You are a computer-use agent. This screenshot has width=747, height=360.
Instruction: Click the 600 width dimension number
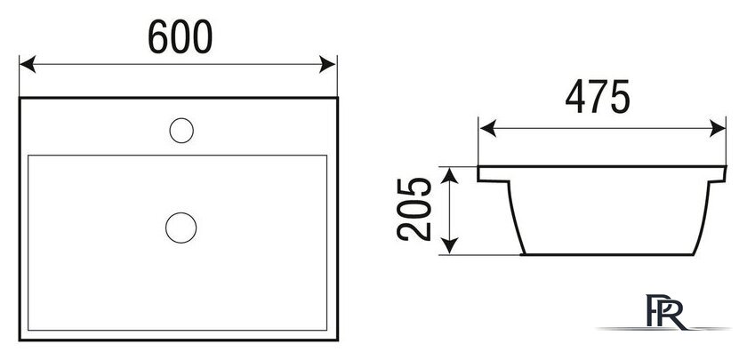click(180, 36)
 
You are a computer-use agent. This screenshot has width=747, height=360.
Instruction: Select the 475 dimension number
click(598, 97)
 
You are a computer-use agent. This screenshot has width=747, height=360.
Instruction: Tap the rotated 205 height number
click(414, 210)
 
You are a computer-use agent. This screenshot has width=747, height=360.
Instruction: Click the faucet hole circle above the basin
click(181, 131)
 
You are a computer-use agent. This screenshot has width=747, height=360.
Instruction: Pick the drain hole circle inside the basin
click(181, 228)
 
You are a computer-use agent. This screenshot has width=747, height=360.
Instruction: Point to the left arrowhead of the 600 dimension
click(28, 64)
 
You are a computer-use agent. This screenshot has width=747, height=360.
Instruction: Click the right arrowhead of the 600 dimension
click(327, 64)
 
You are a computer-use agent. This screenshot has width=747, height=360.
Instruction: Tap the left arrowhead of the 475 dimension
click(488, 129)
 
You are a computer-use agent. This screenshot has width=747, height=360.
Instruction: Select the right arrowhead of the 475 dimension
click(718, 129)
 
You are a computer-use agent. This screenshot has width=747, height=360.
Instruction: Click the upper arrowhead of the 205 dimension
click(450, 176)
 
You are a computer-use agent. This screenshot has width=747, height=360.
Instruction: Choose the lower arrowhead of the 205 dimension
click(450, 245)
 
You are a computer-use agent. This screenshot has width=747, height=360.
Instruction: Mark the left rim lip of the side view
click(494, 174)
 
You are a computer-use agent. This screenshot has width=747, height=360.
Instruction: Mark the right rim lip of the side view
click(718, 174)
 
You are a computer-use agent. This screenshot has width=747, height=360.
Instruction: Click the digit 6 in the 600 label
click(158, 36)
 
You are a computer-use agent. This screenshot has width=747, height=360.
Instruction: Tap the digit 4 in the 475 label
click(575, 97)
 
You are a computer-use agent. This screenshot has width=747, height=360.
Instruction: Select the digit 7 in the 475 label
click(598, 97)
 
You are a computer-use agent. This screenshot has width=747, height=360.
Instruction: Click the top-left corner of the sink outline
click(20, 98)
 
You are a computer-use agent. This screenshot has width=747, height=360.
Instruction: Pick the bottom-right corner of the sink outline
click(337, 340)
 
